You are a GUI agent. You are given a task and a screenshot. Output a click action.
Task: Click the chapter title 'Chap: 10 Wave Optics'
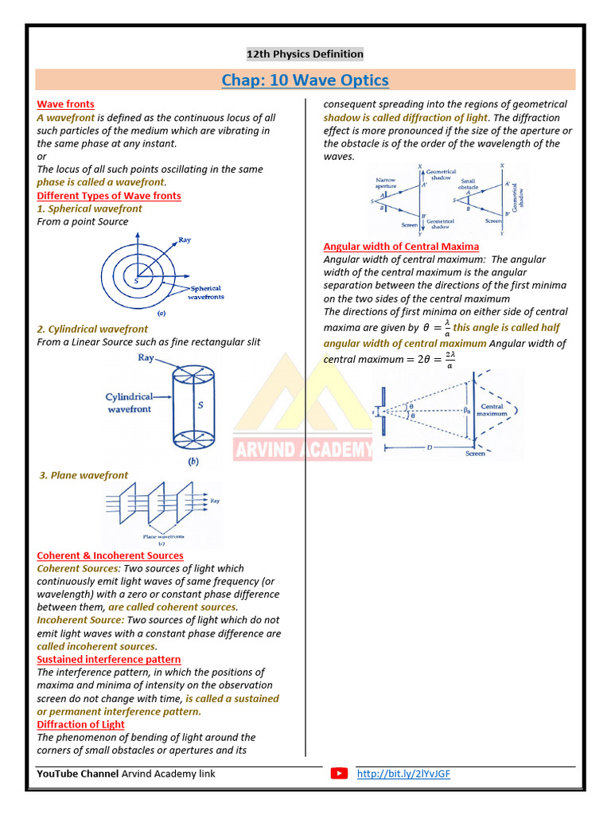305,80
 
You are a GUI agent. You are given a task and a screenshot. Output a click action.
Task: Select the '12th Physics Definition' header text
305,54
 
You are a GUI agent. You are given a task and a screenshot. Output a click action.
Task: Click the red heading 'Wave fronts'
65,104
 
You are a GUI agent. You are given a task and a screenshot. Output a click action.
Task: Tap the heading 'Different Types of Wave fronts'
109,196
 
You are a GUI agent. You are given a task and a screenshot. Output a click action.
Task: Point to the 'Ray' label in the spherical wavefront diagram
185,240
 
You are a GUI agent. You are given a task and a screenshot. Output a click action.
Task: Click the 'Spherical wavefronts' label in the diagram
205,292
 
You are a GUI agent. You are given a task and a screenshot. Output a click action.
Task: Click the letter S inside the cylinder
200,405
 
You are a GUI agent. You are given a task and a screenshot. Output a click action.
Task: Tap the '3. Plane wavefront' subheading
84,475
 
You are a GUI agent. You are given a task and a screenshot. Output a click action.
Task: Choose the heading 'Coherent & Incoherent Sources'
110,556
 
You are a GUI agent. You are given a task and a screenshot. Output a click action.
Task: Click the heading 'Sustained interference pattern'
109,660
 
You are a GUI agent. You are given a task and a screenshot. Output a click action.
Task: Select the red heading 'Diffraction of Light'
80,725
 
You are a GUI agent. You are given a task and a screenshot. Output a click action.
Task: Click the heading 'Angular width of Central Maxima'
401,247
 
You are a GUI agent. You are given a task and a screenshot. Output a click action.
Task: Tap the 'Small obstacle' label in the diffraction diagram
467,184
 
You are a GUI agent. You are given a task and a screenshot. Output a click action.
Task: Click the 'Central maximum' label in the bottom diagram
492,410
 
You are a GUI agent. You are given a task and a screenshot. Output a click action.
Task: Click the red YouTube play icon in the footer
340,774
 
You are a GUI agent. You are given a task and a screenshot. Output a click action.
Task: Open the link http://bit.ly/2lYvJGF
403,774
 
